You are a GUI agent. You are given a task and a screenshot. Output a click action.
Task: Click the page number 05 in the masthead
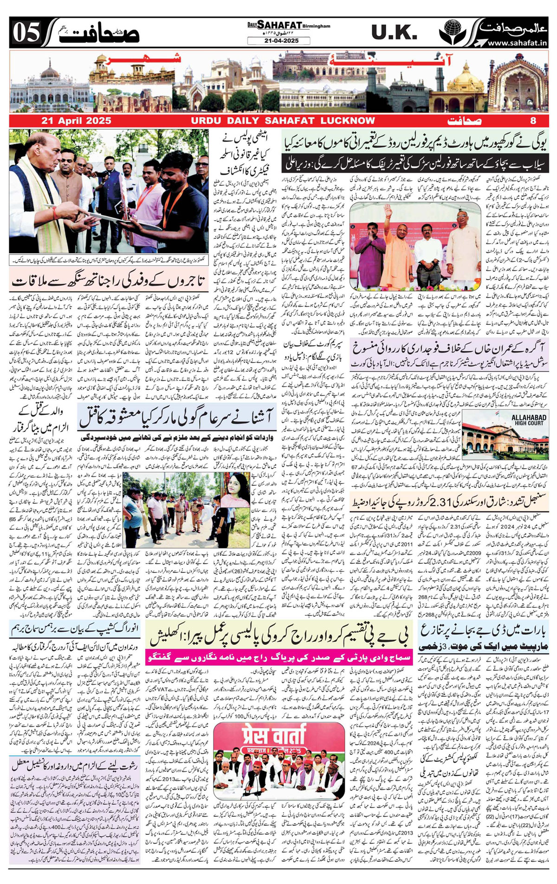click(26, 33)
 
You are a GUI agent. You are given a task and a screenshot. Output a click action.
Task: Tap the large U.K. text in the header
click(394, 32)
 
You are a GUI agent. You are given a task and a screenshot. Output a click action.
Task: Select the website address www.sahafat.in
click(516, 43)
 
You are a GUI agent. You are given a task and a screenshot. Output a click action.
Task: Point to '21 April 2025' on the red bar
click(76, 121)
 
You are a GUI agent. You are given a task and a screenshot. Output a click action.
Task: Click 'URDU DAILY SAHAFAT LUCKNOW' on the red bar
click(283, 121)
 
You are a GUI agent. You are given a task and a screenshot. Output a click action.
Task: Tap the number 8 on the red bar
click(533, 121)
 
